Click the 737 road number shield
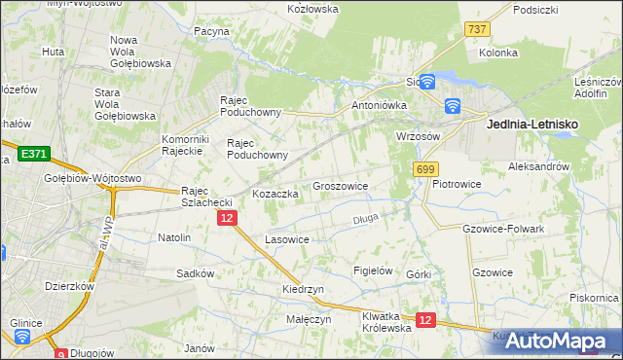click(476, 29)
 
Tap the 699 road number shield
click(424, 170)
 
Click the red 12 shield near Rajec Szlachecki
click(226, 219)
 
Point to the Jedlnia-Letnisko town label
click(531, 126)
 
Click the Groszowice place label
click(340, 185)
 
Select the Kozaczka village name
click(275, 194)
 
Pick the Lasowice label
click(287, 239)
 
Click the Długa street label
click(365, 219)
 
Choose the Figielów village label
click(372, 270)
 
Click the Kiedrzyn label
click(303, 290)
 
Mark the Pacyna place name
click(210, 31)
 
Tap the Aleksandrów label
click(538, 167)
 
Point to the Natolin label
click(174, 237)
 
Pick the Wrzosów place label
click(420, 136)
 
